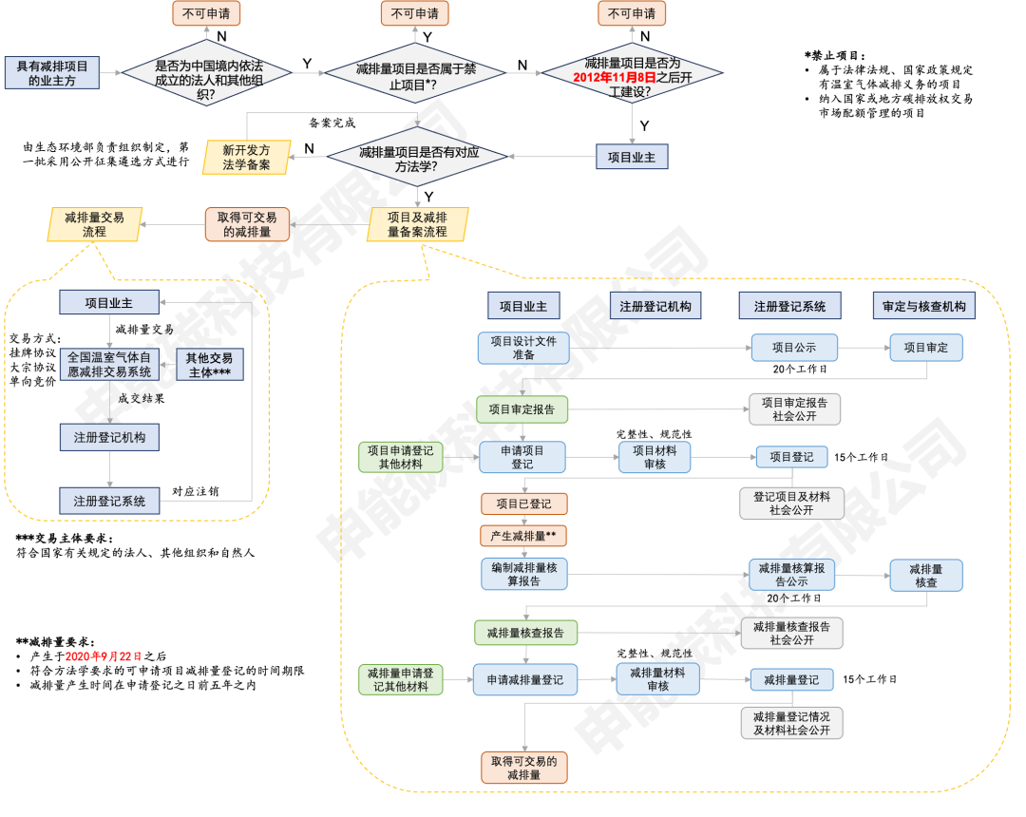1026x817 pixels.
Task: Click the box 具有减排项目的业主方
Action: pyautogui.click(x=52, y=72)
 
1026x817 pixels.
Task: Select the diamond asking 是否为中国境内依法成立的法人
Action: pyautogui.click(x=207, y=73)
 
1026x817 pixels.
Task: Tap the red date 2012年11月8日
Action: pyautogui.click(x=615, y=78)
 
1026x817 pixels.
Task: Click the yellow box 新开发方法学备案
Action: pyautogui.click(x=246, y=158)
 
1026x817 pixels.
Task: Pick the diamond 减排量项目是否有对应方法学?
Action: pyautogui.click(x=417, y=157)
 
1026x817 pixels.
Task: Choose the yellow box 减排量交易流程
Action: pyautogui.click(x=95, y=224)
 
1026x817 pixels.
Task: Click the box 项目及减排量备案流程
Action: pyautogui.click(x=417, y=224)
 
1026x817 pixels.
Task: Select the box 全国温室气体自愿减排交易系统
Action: pyautogui.click(x=109, y=365)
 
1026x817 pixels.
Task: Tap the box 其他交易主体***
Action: pyautogui.click(x=210, y=365)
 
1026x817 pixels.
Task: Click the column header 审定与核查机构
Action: pyautogui.click(x=924, y=306)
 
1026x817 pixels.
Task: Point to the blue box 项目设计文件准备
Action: pyautogui.click(x=523, y=348)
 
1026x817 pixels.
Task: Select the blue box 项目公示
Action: pyautogui.click(x=794, y=348)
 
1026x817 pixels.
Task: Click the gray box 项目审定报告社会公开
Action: pyautogui.click(x=794, y=408)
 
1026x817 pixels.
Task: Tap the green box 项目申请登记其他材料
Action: pyautogui.click(x=401, y=457)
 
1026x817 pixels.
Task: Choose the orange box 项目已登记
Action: pyautogui.click(x=524, y=503)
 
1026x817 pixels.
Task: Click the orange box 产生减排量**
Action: pyautogui.click(x=523, y=536)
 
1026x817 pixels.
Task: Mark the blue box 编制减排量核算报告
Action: pyautogui.click(x=524, y=575)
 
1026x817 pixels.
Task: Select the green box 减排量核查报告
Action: pyautogui.click(x=525, y=633)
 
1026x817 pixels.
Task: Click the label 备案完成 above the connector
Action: pyautogui.click(x=332, y=123)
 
